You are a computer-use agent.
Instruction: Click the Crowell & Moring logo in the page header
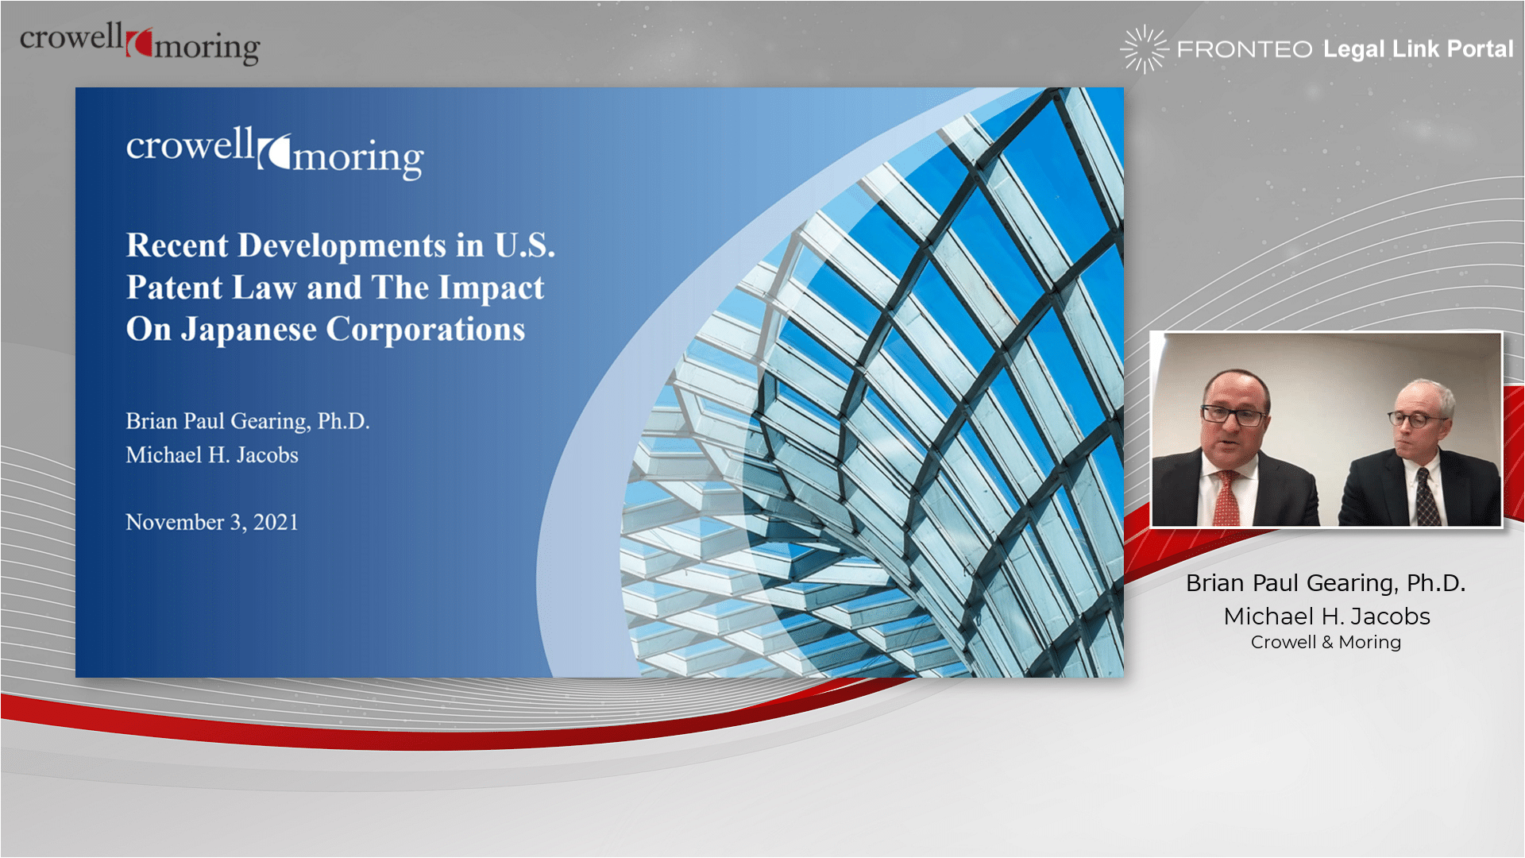140,43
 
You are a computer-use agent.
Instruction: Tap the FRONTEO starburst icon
1145,49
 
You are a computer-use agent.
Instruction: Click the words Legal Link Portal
1418,49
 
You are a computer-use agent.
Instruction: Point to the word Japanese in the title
249,330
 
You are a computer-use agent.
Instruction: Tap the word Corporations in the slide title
426,330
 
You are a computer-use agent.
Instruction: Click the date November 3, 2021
212,522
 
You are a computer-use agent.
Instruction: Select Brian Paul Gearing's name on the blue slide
248,421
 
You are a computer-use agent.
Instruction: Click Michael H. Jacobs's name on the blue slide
212,455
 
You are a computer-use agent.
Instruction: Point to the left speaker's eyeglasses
1234,415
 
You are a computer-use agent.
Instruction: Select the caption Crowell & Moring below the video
1326,642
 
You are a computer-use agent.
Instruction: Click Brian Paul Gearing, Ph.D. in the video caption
1326,583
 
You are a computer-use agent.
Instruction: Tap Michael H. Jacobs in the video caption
1326,616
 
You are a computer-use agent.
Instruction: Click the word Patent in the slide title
175,288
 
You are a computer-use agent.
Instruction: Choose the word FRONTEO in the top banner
1245,49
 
